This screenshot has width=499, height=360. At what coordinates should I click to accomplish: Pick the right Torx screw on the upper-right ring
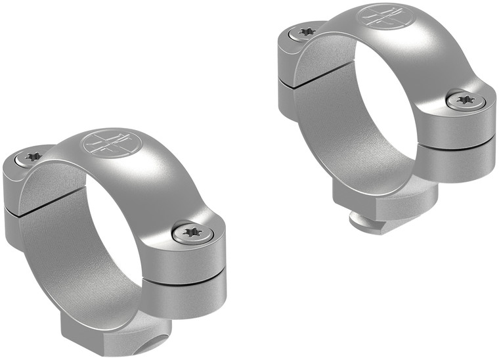coord(466,100)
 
